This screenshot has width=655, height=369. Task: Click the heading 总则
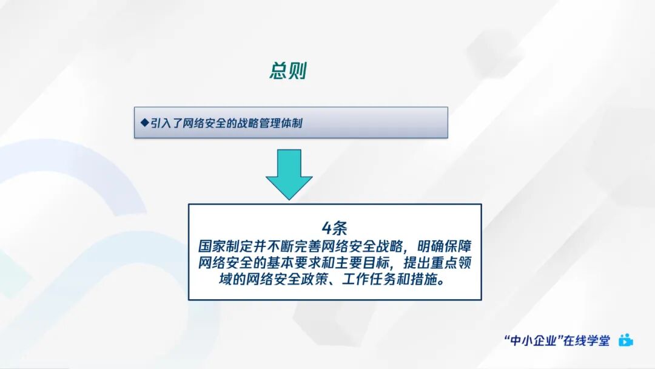pyautogui.click(x=287, y=71)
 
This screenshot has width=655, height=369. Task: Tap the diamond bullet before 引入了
pyautogui.click(x=144, y=123)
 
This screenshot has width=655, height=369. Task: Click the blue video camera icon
pyautogui.click(x=625, y=340)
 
